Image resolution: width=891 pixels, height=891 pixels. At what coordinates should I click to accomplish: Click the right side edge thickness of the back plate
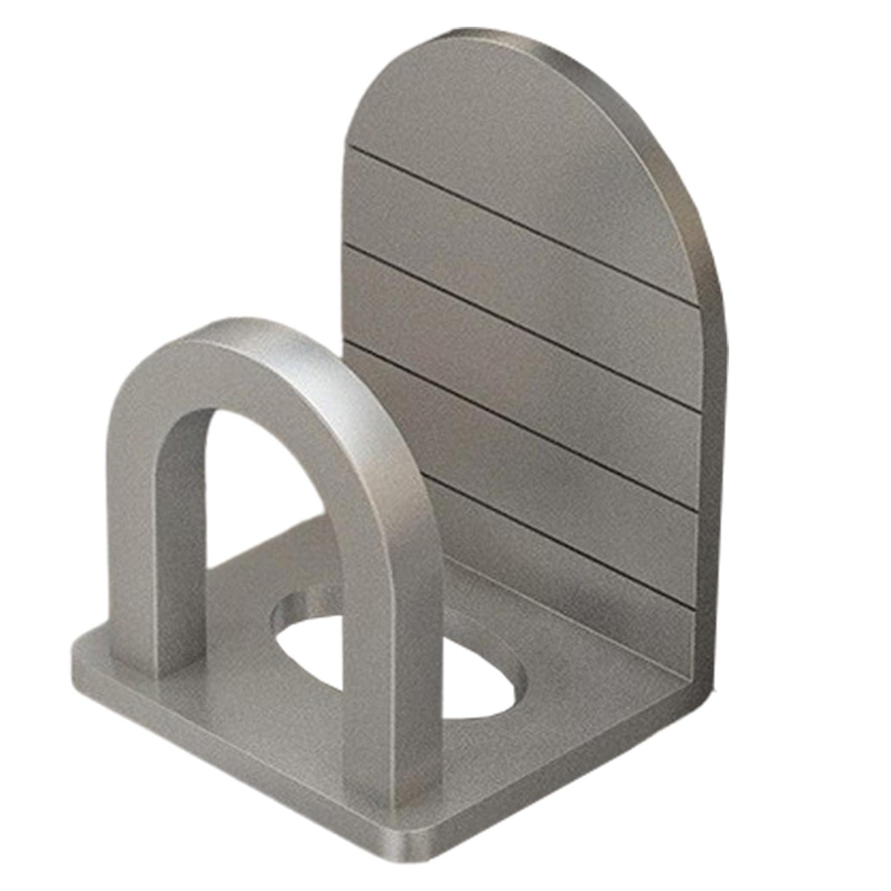[715, 445]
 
